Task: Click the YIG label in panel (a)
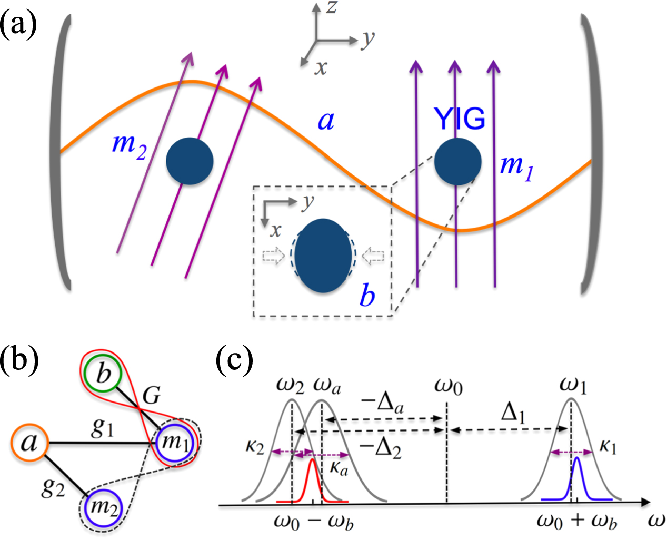459,119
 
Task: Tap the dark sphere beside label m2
190,161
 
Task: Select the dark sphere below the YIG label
457,162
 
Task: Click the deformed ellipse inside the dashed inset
323,256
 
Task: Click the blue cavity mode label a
326,121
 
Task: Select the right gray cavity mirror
590,153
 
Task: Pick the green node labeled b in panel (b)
104,374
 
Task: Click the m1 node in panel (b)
175,442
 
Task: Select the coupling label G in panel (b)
152,394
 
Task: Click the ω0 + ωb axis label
576,521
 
